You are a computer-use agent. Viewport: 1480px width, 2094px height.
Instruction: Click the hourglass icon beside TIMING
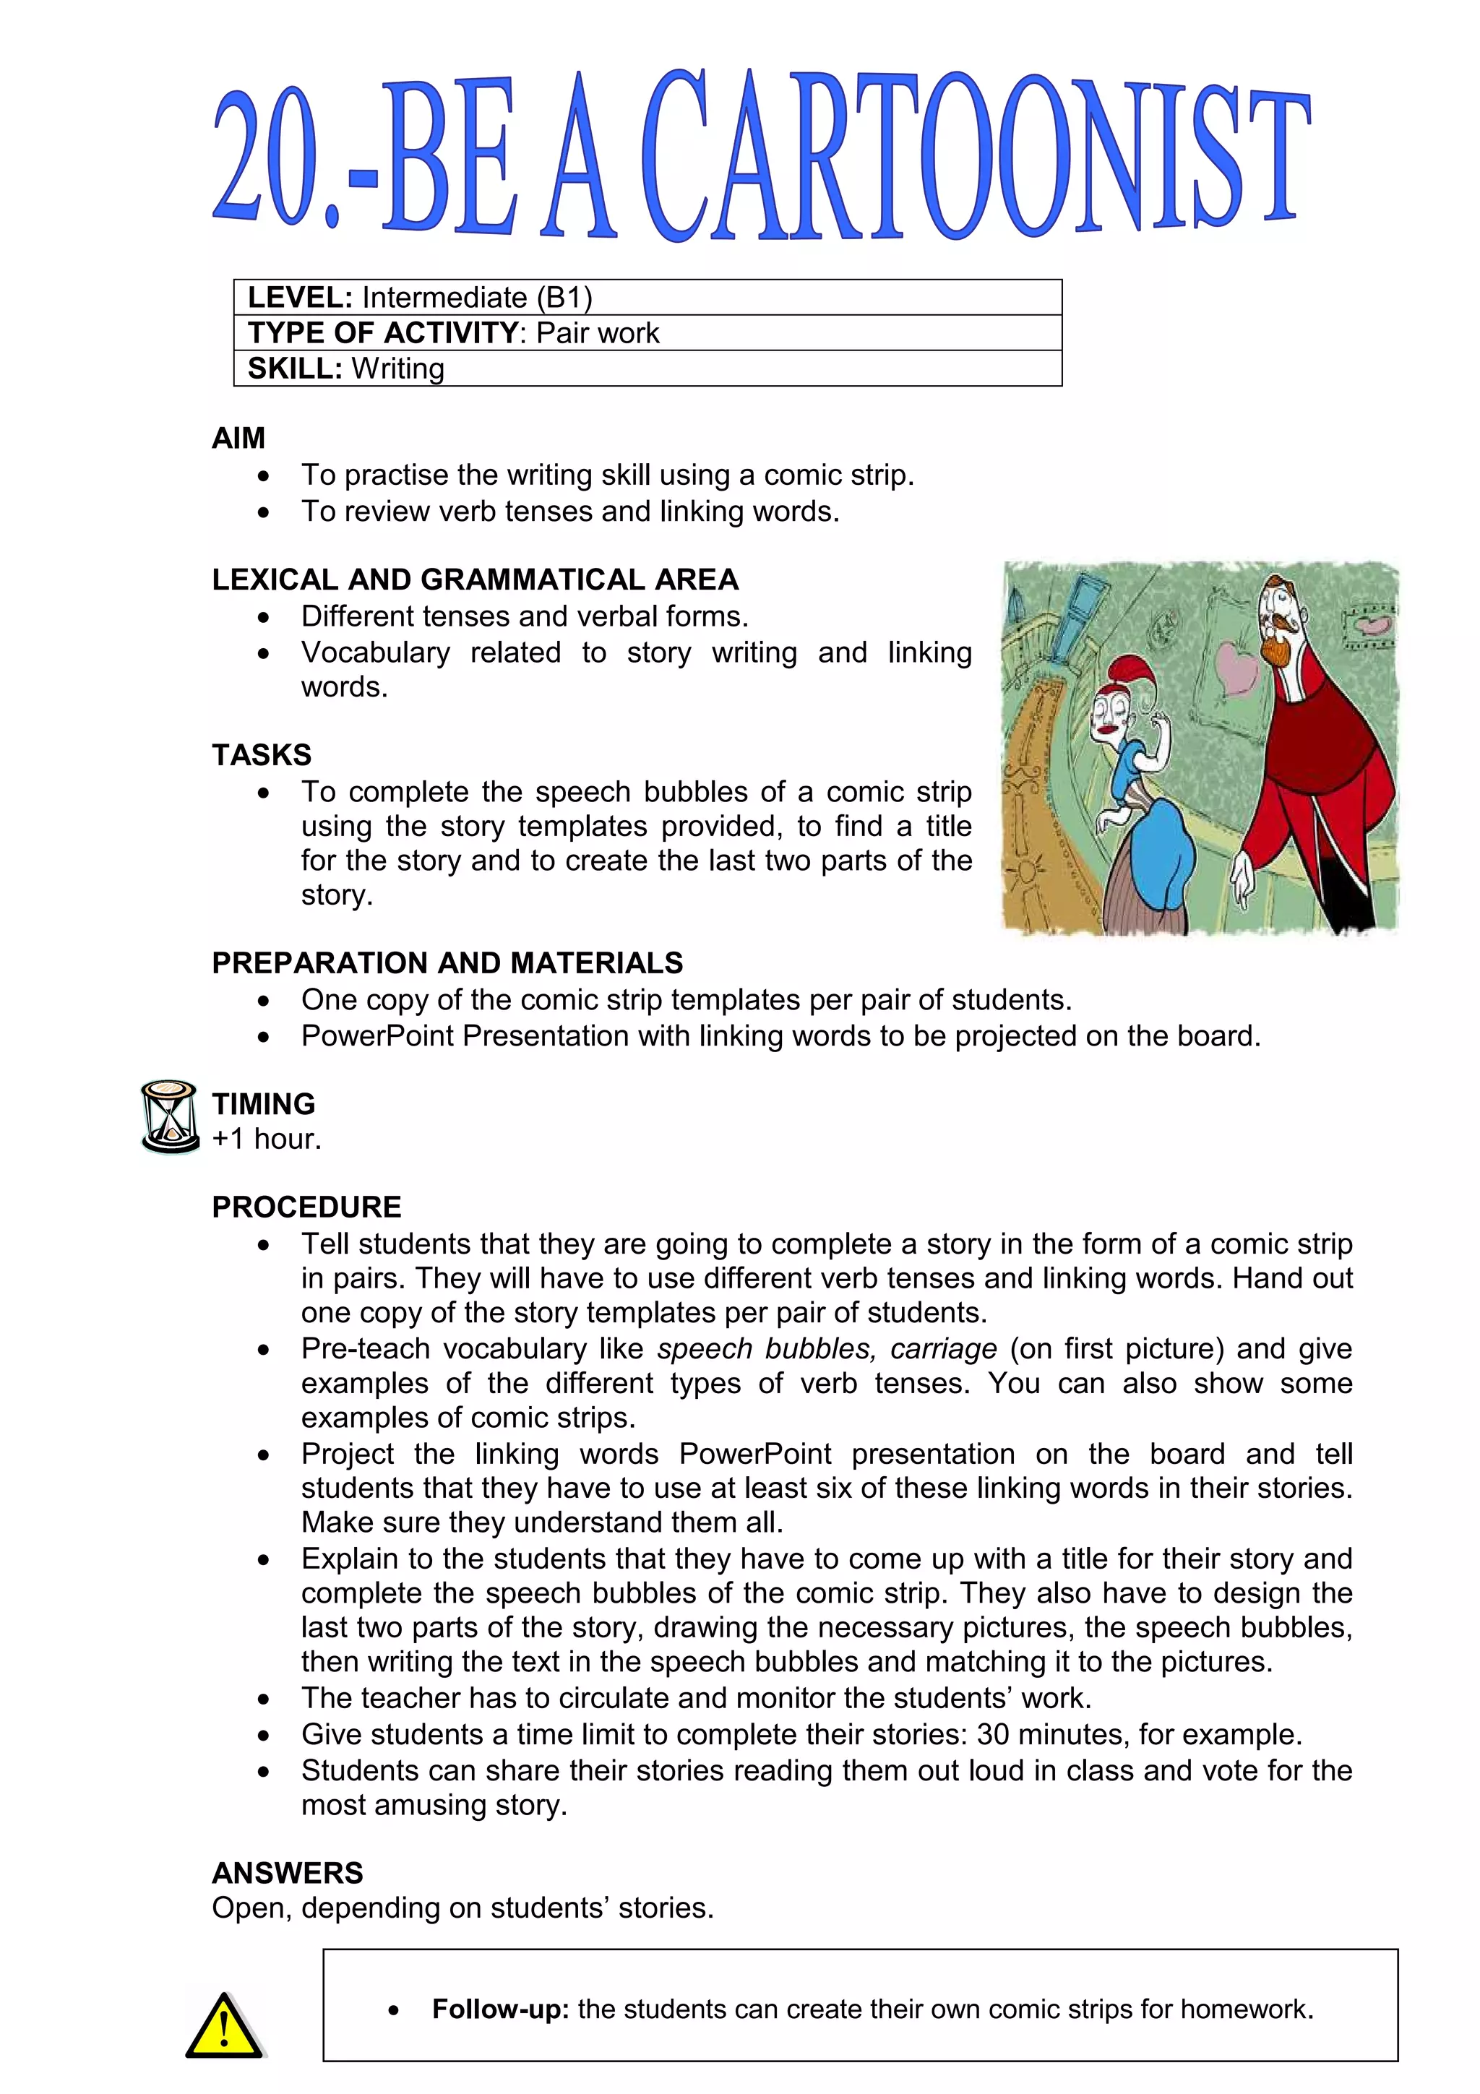pos(170,1116)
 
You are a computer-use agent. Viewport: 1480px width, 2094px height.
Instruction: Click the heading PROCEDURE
pos(306,1207)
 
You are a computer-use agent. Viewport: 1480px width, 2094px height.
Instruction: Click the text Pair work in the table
pos(598,333)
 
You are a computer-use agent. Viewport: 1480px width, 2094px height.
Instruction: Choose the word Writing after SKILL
pos(398,369)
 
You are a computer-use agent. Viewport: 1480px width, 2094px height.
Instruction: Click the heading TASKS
pos(262,755)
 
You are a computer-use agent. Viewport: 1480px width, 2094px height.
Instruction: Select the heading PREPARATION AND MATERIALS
pos(447,963)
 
